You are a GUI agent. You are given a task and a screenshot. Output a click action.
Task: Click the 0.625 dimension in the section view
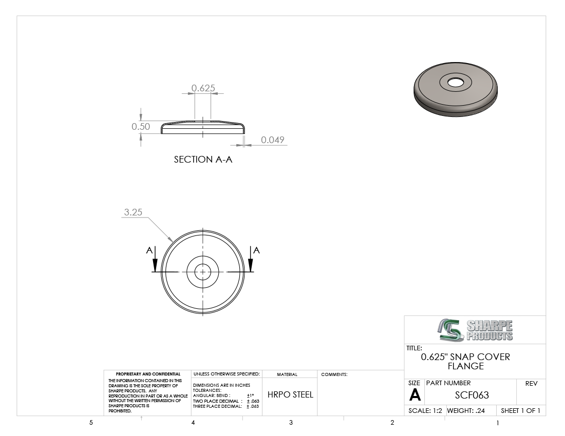203,88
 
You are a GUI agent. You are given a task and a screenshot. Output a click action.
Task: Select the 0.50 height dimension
141,127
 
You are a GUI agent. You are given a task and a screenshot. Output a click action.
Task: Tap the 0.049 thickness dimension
272,140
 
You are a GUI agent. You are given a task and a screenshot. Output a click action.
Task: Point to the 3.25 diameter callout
133,212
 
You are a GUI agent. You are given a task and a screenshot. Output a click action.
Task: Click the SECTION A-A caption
203,160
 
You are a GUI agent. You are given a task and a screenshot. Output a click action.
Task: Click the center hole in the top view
202,272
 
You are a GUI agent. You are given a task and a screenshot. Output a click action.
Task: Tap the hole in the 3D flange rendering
456,83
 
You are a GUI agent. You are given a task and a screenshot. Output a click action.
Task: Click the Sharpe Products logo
476,330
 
